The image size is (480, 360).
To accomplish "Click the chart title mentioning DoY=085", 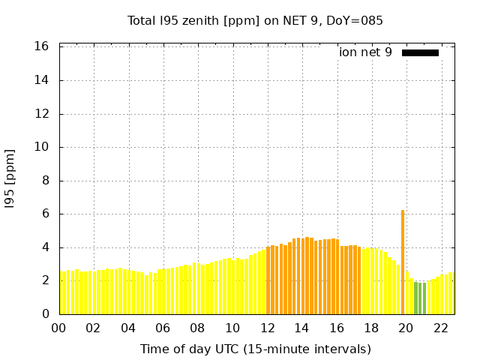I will [x=255, y=21].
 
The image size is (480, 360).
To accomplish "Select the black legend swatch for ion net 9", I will [x=420, y=52].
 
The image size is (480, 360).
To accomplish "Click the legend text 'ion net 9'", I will [x=365, y=52].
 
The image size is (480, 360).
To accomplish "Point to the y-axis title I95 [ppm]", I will [x=10, y=178].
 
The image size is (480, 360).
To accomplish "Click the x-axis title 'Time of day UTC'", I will [x=255, y=349].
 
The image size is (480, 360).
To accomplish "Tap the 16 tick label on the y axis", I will [x=42, y=46].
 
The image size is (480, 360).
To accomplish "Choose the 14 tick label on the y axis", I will [x=42, y=80].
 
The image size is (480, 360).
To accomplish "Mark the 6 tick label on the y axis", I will [x=45, y=214].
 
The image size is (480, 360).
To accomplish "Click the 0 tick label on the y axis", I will [x=45, y=313].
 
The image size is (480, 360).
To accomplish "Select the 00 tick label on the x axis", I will [x=58, y=328].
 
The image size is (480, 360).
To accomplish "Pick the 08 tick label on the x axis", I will [x=197, y=328].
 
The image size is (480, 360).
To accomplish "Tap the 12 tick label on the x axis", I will [x=267, y=328].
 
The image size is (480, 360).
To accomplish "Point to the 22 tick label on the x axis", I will [x=441, y=328].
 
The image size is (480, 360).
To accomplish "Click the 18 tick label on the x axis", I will [x=371, y=328].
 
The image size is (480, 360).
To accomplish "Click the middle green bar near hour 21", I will [x=420, y=298].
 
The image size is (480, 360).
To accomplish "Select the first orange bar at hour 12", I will [x=268, y=280].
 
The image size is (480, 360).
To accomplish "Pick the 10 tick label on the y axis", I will [x=42, y=147].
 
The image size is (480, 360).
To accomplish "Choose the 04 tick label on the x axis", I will [x=128, y=328].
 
